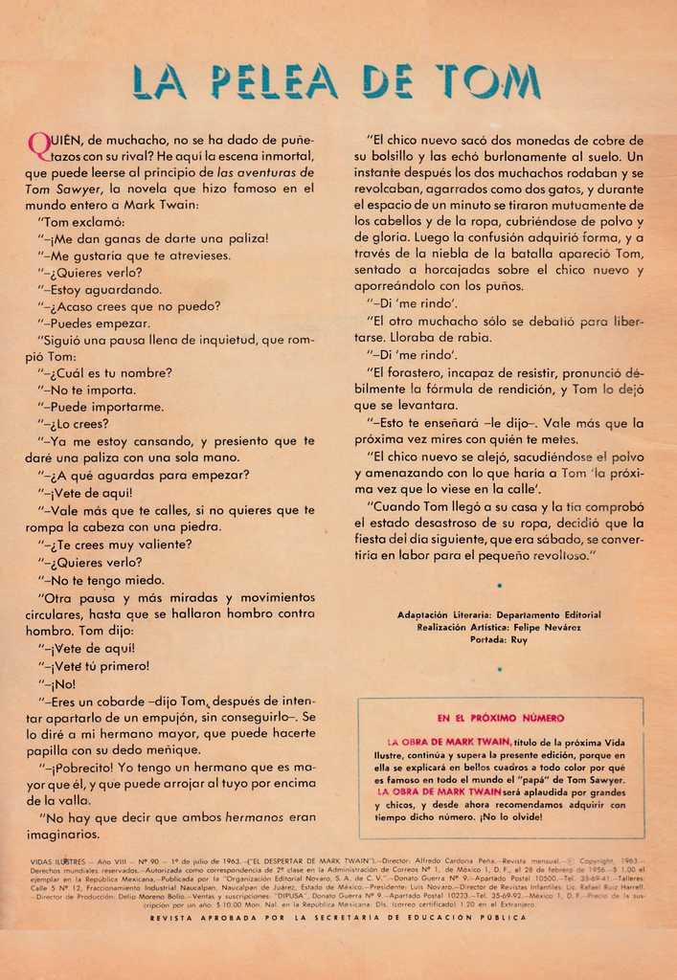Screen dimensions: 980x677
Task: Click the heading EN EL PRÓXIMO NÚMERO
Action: pos(500,718)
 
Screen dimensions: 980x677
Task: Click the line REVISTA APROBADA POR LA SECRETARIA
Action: pos(338,917)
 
